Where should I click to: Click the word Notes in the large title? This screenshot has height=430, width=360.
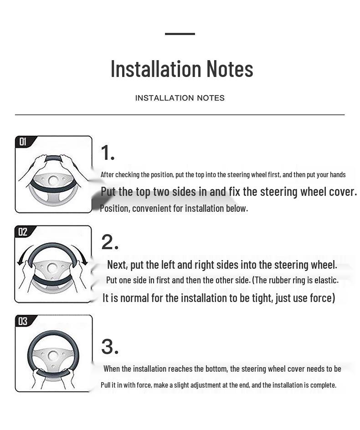pyautogui.click(x=230, y=69)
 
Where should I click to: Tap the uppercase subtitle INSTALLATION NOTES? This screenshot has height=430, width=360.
pyautogui.click(x=180, y=98)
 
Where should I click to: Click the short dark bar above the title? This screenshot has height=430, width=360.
pyautogui.click(x=180, y=34)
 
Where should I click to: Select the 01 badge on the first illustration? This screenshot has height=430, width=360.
pyautogui.click(x=23, y=142)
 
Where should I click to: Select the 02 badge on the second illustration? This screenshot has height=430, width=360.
pyautogui.click(x=23, y=232)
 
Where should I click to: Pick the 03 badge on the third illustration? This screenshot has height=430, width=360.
pyautogui.click(x=23, y=321)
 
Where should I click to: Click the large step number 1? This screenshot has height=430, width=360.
pyautogui.click(x=108, y=153)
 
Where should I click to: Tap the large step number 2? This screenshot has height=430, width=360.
pyautogui.click(x=110, y=242)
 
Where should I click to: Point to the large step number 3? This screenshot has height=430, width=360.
pyautogui.click(x=110, y=346)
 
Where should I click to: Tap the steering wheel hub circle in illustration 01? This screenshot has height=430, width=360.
pyautogui.click(x=53, y=181)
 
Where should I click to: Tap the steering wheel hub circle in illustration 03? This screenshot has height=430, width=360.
pyautogui.click(x=53, y=356)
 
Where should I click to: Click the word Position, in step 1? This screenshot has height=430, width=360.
pyautogui.click(x=115, y=209)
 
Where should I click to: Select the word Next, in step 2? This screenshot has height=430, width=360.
pyautogui.click(x=117, y=265)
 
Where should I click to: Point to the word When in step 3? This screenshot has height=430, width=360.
pyautogui.click(x=112, y=369)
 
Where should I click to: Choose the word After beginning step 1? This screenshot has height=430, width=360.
pyautogui.click(x=107, y=175)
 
